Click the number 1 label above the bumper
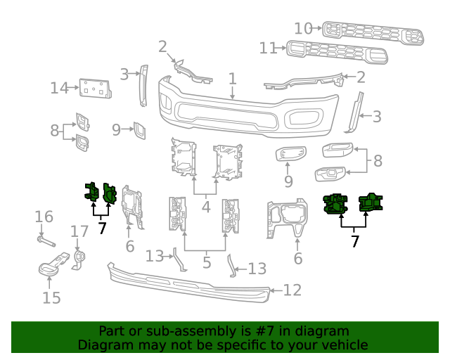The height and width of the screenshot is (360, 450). click(232, 79)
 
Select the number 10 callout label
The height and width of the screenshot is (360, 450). click(303, 28)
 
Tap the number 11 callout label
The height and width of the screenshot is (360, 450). click(268, 48)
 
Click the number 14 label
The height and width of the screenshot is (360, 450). click(59, 88)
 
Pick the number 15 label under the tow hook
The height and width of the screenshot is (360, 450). click(51, 297)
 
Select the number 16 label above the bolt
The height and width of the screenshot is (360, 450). click(44, 216)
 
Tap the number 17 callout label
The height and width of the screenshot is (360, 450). click(79, 231)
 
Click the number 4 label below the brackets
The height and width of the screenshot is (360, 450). click(205, 207)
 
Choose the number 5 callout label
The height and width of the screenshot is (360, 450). click(206, 263)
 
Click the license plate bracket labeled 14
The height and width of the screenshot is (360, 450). click(94, 89)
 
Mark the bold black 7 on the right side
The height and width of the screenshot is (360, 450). click(354, 242)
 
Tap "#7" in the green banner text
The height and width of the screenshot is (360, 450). click(244, 331)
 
